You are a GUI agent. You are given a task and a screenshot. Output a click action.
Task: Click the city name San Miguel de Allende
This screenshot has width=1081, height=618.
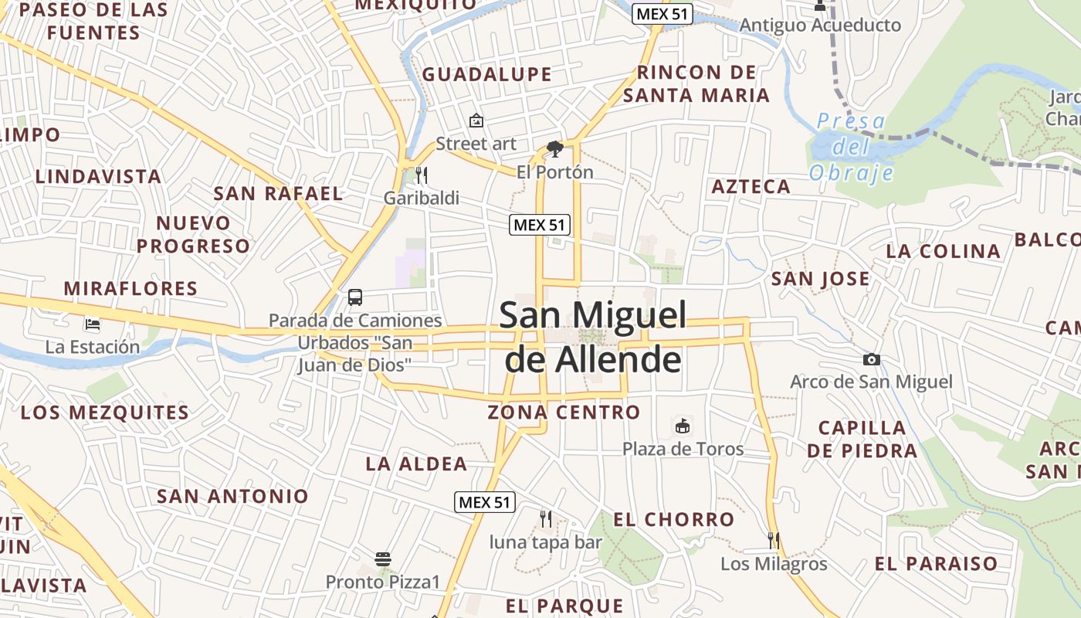pyautogui.click(x=592, y=337)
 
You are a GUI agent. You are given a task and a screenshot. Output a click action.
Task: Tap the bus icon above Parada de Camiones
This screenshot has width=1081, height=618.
pyautogui.click(x=355, y=297)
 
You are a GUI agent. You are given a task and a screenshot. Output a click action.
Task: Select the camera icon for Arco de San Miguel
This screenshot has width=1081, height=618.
pyautogui.click(x=871, y=359)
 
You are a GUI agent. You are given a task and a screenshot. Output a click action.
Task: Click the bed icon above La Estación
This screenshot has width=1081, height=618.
pyautogui.click(x=93, y=324)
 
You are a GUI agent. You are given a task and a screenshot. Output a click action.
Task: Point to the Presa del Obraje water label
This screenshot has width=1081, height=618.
pyautogui.click(x=851, y=147)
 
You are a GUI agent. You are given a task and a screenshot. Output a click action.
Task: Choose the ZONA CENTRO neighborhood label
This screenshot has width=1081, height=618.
pyautogui.click(x=564, y=413)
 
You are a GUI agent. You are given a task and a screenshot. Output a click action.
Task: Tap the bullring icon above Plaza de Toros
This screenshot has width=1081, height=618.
pyautogui.click(x=683, y=426)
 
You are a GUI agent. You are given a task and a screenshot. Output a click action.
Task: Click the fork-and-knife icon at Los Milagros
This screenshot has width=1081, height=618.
pyautogui.click(x=774, y=540)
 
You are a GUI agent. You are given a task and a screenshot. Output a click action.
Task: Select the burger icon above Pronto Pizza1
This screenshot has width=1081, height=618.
pyautogui.click(x=383, y=559)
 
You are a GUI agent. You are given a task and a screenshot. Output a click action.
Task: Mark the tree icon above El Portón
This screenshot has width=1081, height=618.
pyautogui.click(x=554, y=148)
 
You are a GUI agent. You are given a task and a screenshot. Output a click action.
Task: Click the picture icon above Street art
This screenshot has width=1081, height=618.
pyautogui.click(x=476, y=121)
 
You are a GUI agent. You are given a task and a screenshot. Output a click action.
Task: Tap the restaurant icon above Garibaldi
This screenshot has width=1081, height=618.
pyautogui.click(x=421, y=175)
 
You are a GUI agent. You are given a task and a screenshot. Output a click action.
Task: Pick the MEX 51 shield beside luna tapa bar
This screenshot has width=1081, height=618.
pyautogui.click(x=484, y=502)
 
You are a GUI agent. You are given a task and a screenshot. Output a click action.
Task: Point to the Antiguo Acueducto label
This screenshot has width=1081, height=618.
pyautogui.click(x=820, y=25)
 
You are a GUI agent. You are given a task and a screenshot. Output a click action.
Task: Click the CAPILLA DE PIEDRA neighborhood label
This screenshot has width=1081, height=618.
pyautogui.click(x=862, y=439)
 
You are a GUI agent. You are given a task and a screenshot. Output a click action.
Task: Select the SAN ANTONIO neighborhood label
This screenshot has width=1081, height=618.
pyautogui.click(x=232, y=496)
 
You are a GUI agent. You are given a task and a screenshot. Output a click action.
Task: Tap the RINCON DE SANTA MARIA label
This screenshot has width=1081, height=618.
pyautogui.click(x=696, y=84)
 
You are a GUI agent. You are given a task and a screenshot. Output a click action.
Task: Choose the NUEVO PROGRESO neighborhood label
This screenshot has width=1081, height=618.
pyautogui.click(x=194, y=235)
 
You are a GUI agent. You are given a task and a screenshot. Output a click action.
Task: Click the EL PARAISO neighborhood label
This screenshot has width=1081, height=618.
pyautogui.click(x=936, y=564)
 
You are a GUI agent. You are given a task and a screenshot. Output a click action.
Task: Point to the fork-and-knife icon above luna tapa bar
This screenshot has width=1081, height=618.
pyautogui.click(x=546, y=518)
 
